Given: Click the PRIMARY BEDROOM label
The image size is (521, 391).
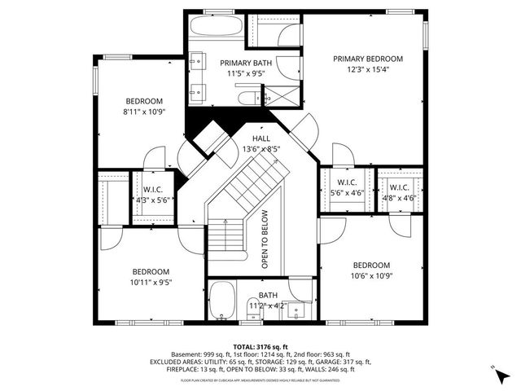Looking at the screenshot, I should click(368, 59).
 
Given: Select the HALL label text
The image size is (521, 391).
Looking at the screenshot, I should click(260, 138).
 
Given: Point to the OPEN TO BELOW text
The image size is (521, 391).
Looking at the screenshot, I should click(265, 239).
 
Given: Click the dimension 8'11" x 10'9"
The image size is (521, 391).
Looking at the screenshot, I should click(144, 112).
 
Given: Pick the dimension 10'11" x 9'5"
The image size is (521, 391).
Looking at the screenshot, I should click(151, 283).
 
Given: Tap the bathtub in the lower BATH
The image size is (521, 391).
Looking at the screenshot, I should click(221, 302).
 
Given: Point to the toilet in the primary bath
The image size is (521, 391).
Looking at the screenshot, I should click(246, 99).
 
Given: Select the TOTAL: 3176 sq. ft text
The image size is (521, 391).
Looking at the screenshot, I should click(260, 346).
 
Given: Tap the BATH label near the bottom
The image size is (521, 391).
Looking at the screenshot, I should click(268, 295).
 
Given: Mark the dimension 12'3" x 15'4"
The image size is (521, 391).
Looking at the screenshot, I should click(368, 70).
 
